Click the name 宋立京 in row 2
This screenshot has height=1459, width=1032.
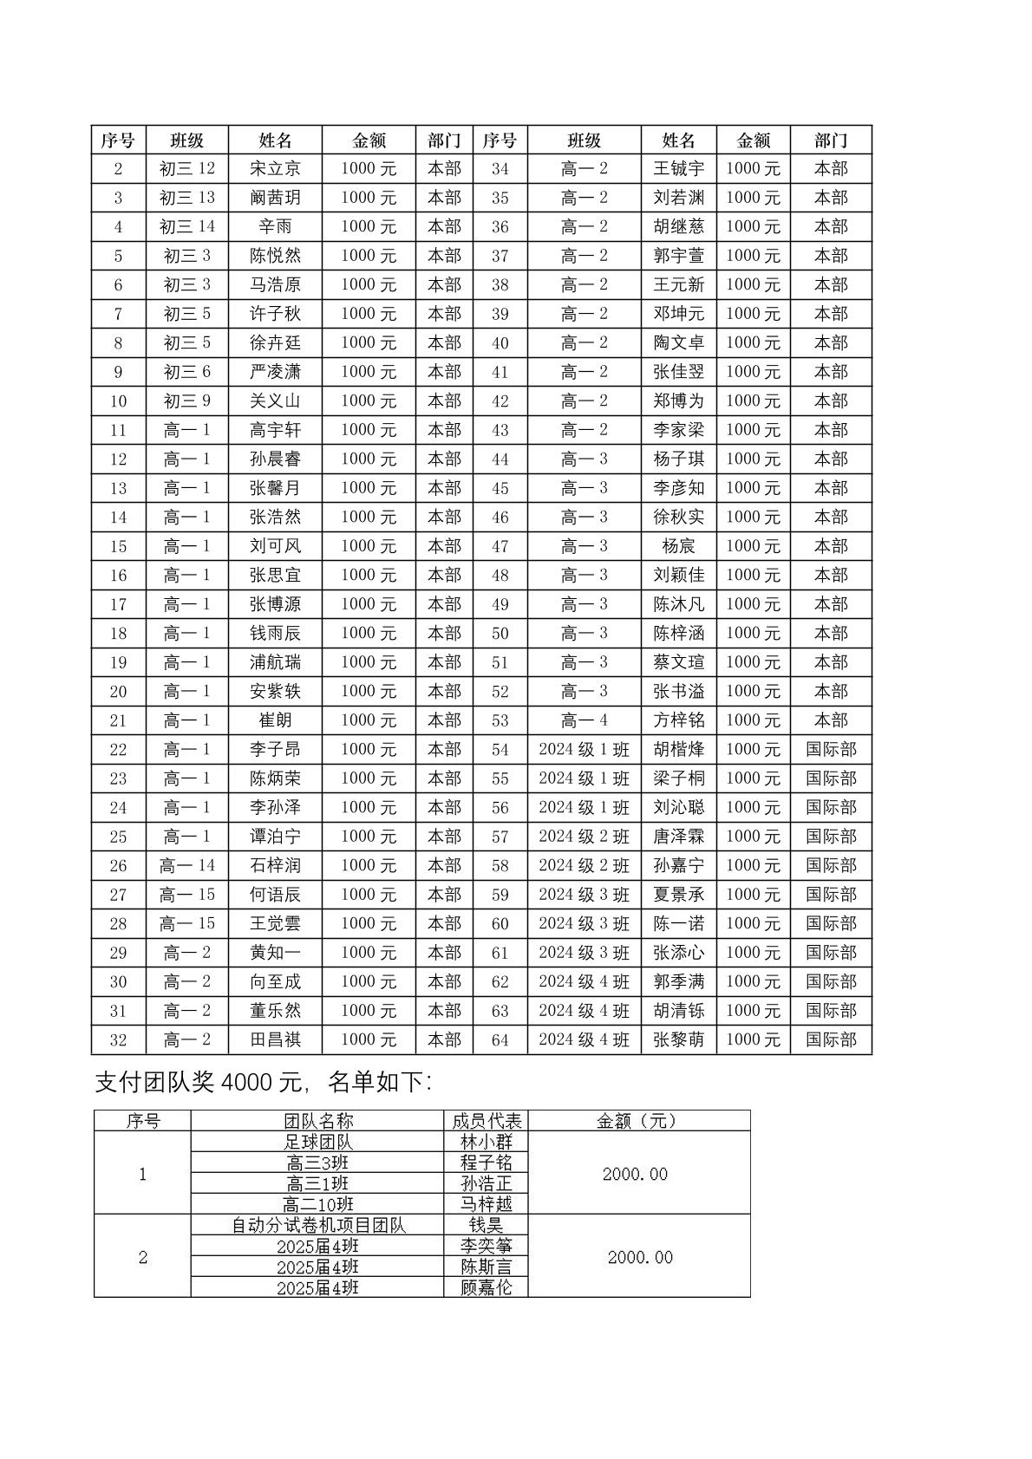(x=275, y=168)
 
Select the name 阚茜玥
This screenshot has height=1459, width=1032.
(x=275, y=198)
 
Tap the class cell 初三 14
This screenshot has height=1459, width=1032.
(x=186, y=226)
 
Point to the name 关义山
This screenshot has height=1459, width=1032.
(x=275, y=401)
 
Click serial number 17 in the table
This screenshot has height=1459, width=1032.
(x=118, y=604)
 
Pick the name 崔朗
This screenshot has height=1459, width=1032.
(x=275, y=720)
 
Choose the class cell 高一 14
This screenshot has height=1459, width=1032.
(x=186, y=865)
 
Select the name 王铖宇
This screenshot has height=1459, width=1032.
(x=678, y=168)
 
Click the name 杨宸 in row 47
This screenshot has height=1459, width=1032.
(x=678, y=546)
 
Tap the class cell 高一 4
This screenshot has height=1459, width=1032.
(x=584, y=720)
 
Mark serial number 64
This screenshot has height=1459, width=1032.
(x=500, y=1039)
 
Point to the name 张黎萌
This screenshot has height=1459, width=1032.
(x=678, y=1039)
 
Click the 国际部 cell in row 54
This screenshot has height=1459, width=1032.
(x=830, y=749)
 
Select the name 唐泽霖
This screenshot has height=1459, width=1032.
(x=678, y=837)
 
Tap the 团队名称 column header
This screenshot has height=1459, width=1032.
(x=318, y=1120)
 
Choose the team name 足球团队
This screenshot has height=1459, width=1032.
(x=318, y=1142)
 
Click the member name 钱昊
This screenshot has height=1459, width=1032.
(x=486, y=1225)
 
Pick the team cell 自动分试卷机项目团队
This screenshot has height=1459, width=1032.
(x=318, y=1225)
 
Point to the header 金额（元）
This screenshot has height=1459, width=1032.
(x=637, y=1120)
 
